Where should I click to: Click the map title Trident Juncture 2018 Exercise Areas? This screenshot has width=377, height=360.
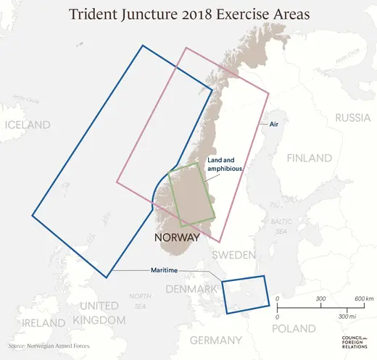(x=188, y=14)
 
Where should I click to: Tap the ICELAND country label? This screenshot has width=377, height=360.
(x=28, y=125)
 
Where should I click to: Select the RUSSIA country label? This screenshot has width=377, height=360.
(x=352, y=118)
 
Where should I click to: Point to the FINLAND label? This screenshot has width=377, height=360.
(x=310, y=159)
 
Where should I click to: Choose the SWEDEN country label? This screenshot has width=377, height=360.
(x=234, y=255)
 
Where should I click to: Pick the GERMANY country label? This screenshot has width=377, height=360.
(x=215, y=340)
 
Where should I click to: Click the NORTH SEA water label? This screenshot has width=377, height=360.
(x=138, y=301)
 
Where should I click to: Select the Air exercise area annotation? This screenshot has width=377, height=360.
(x=274, y=125)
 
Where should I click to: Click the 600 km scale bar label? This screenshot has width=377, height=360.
(x=364, y=299)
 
